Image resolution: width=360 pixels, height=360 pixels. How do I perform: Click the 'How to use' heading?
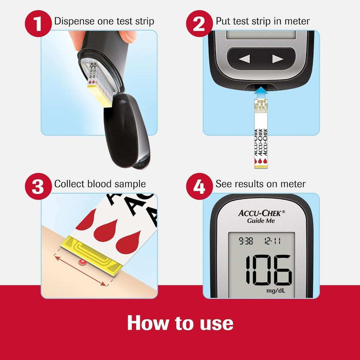tap(180, 323)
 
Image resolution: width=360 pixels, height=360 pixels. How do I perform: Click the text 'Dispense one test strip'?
tap(104, 22)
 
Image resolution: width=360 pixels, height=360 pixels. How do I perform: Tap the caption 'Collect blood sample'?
tap(100, 184)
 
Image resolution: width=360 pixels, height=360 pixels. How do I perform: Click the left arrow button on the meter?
tap(244, 59)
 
